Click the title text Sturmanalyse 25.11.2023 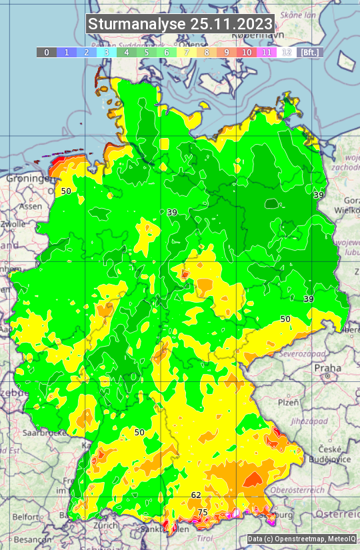tap(180, 24)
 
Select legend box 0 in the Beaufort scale tap(47, 52)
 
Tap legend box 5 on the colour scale tap(147, 52)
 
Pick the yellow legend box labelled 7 tap(187, 52)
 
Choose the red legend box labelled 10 tap(247, 52)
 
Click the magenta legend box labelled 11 tap(267, 52)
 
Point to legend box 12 tap(287, 52)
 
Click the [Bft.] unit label tap(309, 52)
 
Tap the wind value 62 tap(196, 495)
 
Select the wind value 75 tap(203, 512)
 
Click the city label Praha tap(327, 368)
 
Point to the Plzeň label tap(288, 403)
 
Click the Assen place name tap(30, 207)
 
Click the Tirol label tap(204, 537)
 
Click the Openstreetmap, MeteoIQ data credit tap(301, 539)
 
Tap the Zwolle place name tap(13, 224)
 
